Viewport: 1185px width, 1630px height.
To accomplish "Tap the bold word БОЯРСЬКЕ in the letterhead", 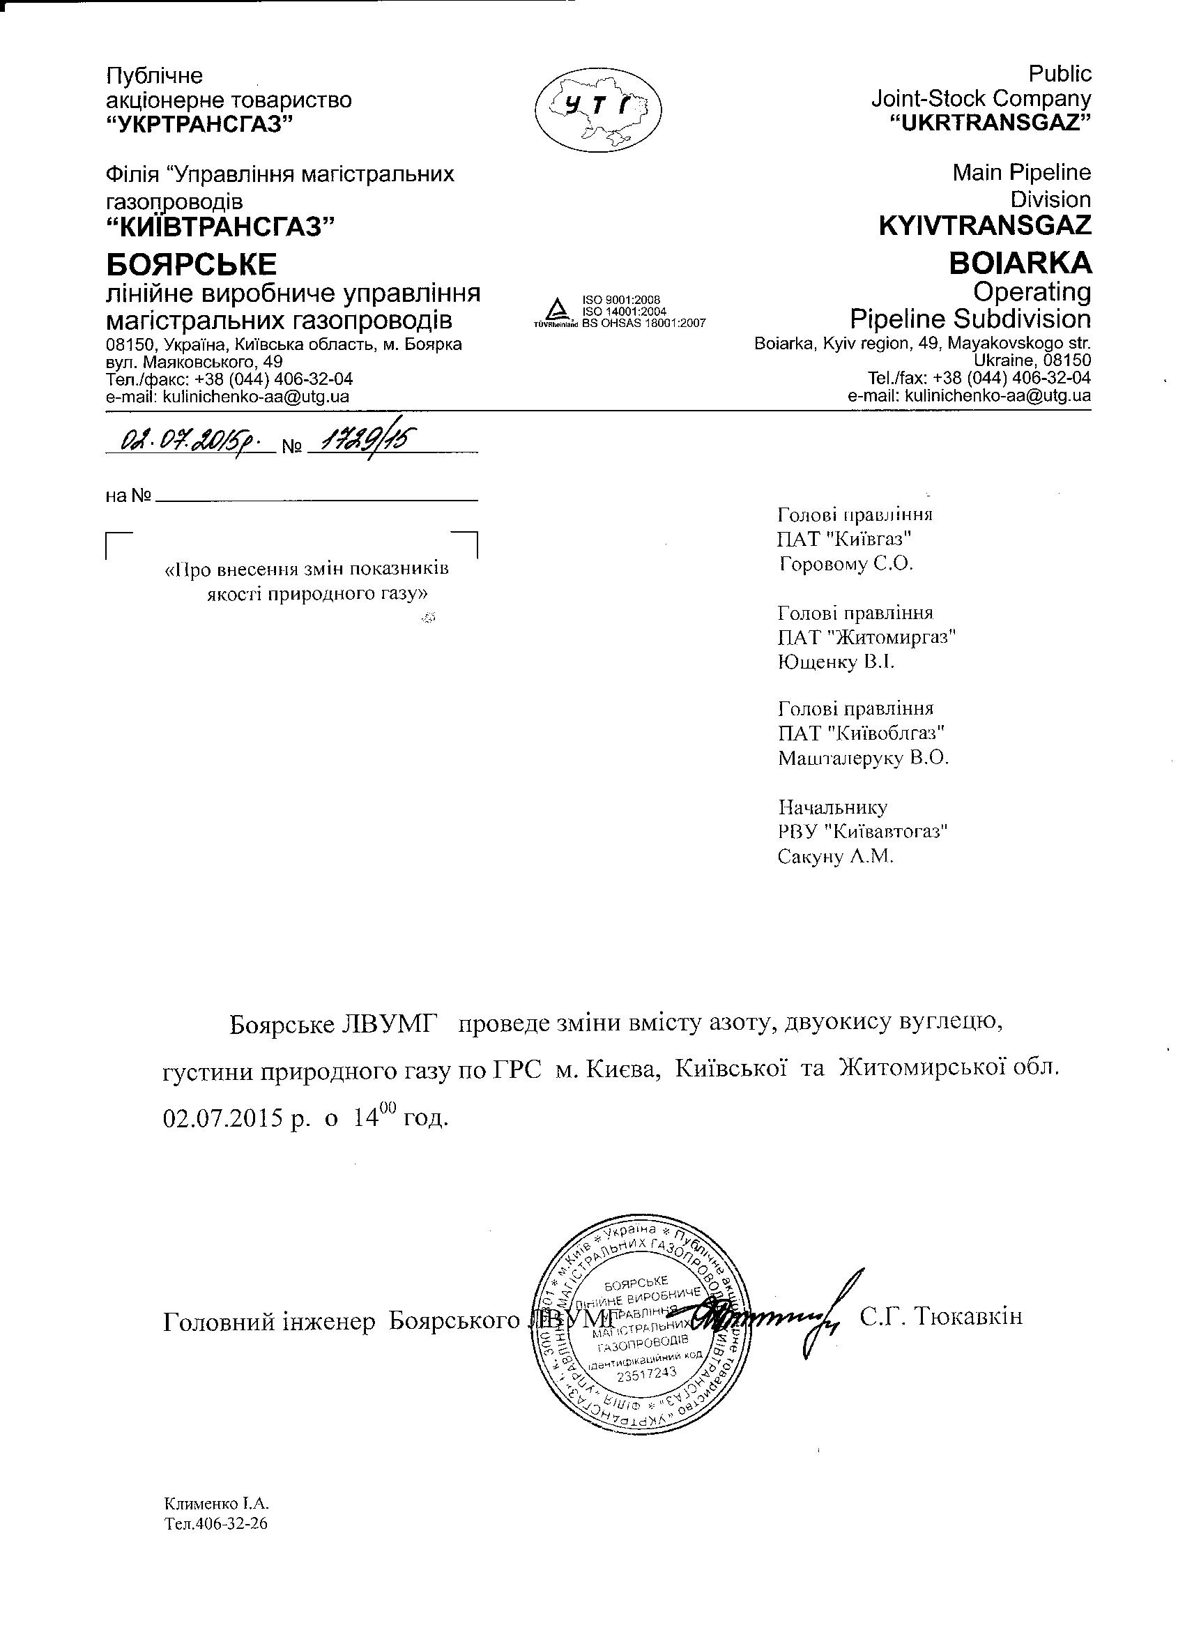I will [191, 265].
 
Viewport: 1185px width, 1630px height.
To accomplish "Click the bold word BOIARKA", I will [1020, 264].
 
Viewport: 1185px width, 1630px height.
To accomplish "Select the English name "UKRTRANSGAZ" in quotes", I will [991, 122].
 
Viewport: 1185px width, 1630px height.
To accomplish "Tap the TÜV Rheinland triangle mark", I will [555, 310].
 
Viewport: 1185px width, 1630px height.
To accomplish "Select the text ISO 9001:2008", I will [622, 300].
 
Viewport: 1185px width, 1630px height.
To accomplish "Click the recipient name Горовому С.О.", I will [845, 563].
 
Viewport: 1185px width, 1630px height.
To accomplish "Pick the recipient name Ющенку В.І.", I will [836, 661].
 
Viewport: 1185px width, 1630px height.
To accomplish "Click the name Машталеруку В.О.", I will [863, 759].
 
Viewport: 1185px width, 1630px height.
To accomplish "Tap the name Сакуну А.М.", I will [835, 857].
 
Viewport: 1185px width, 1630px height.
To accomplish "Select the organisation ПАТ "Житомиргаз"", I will [866, 637].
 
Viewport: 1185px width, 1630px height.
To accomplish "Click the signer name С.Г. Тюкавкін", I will [940, 1318].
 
